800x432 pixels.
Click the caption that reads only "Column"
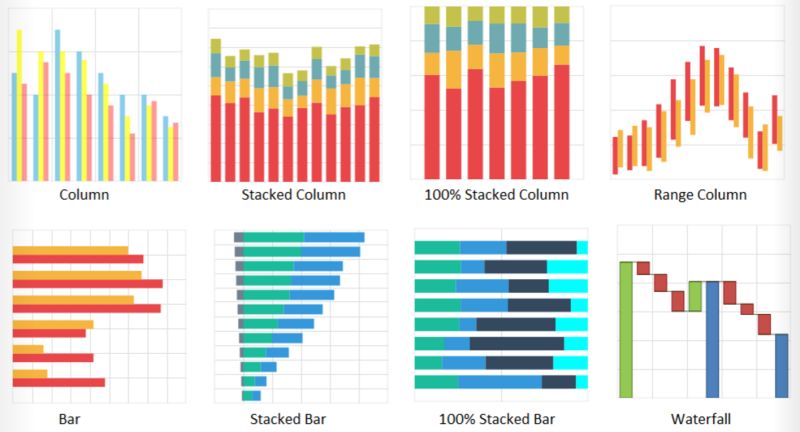coord(84,195)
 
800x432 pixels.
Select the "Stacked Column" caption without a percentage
coord(293,195)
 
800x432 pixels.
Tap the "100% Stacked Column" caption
coord(496,195)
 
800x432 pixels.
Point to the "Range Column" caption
coord(700,195)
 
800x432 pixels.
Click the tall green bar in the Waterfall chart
coord(627,329)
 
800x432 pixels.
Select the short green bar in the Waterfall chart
coord(695,296)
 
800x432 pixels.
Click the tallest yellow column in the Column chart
coord(19,105)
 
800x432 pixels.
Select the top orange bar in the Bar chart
coord(70,250)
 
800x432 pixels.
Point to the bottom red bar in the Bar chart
coord(58,382)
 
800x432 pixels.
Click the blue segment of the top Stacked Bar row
coord(333,237)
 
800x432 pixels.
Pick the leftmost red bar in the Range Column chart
coord(615,155)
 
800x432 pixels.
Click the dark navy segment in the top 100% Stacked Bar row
coord(541,247)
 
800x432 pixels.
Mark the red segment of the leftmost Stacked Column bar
coord(215,138)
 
